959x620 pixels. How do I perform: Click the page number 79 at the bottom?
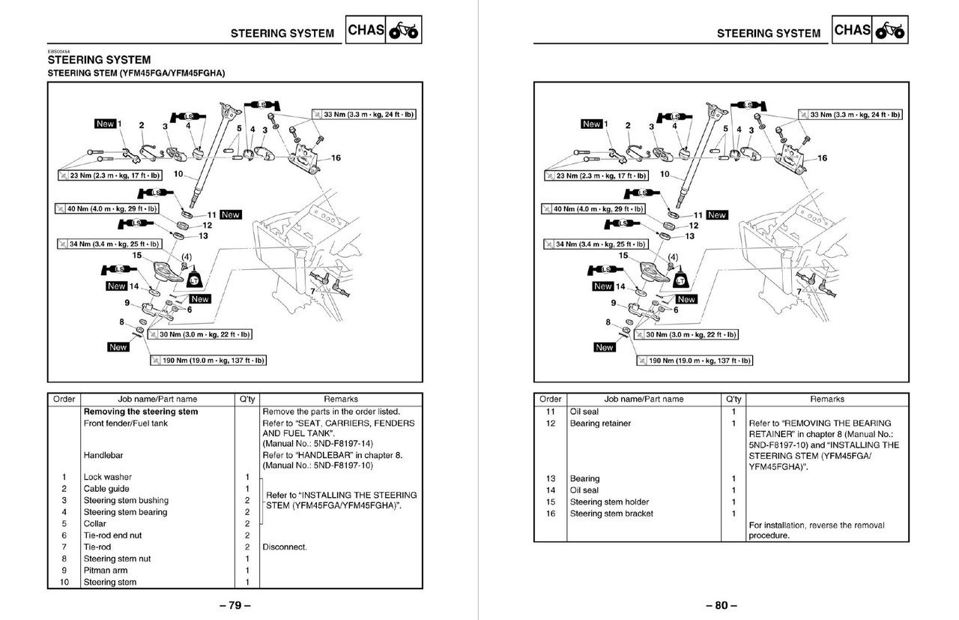coord(235,606)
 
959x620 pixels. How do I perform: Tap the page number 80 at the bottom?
coord(721,606)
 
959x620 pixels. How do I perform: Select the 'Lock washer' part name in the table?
coord(107,477)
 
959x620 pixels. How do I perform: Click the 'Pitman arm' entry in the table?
coord(105,571)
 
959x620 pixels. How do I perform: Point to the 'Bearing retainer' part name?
coord(600,424)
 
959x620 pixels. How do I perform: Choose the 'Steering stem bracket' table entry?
coord(611,514)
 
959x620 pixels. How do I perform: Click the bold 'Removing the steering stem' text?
coord(141,412)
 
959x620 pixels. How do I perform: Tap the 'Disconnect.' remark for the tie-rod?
coord(285,547)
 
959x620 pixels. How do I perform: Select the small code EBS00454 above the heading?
coord(58,51)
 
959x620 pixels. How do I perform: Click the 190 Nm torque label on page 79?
coord(208,361)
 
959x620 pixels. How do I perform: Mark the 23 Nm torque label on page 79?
coord(110,175)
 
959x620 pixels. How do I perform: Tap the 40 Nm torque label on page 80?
coord(593,208)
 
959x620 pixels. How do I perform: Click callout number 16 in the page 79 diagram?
coord(336,158)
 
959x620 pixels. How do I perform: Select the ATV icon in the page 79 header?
coord(405,31)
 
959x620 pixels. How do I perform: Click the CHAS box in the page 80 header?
coord(853,31)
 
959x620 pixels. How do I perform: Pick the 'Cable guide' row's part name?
coord(106,489)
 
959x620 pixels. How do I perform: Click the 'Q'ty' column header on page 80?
coord(733,399)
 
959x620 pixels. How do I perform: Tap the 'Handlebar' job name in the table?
coord(103,455)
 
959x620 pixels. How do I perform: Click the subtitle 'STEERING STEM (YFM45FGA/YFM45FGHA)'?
coord(136,73)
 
